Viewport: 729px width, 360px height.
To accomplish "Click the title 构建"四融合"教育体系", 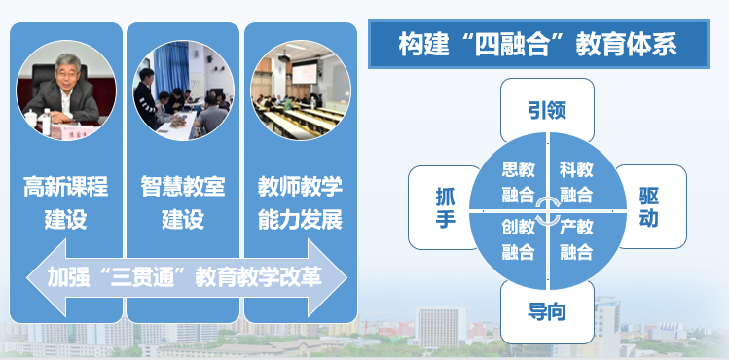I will tap(537, 44).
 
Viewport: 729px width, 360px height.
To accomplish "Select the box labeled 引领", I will tap(547, 111).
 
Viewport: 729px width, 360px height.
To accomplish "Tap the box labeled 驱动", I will tap(650, 205).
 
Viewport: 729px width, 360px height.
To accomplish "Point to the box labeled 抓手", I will tap(445, 206).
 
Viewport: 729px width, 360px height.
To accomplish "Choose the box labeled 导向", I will tap(547, 311).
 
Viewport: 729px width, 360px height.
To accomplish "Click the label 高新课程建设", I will tap(66, 201).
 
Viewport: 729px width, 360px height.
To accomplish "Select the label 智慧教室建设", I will tap(183, 201).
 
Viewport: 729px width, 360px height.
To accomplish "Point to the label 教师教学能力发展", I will tap(300, 201).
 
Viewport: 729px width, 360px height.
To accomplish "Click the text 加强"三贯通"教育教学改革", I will tap(185, 276).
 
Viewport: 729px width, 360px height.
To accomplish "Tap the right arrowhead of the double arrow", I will tap(331, 276).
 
